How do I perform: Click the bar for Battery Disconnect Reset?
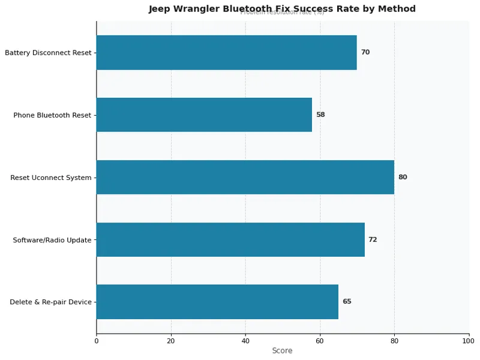tap(226, 52)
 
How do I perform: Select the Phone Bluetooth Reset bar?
tap(204, 115)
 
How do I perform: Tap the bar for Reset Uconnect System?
tap(245, 177)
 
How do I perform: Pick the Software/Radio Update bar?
tap(230, 239)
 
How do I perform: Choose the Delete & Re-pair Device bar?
tap(217, 302)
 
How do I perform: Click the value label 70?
tap(365, 52)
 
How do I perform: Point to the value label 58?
tap(320, 115)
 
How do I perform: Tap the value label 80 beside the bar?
tap(403, 177)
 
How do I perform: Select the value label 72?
tap(373, 239)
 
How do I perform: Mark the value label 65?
tap(347, 302)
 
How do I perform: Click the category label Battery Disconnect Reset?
tap(48, 53)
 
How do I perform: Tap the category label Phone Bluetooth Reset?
tap(52, 115)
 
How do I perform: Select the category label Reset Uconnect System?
tap(51, 178)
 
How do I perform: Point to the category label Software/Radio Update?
tap(52, 240)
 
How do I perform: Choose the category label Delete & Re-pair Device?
tap(50, 302)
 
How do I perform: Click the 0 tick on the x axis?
tap(97, 341)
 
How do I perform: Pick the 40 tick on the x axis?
tap(245, 341)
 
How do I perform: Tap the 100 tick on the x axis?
tap(469, 341)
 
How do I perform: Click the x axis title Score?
tap(282, 351)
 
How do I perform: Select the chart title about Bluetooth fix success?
tap(282, 8)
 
